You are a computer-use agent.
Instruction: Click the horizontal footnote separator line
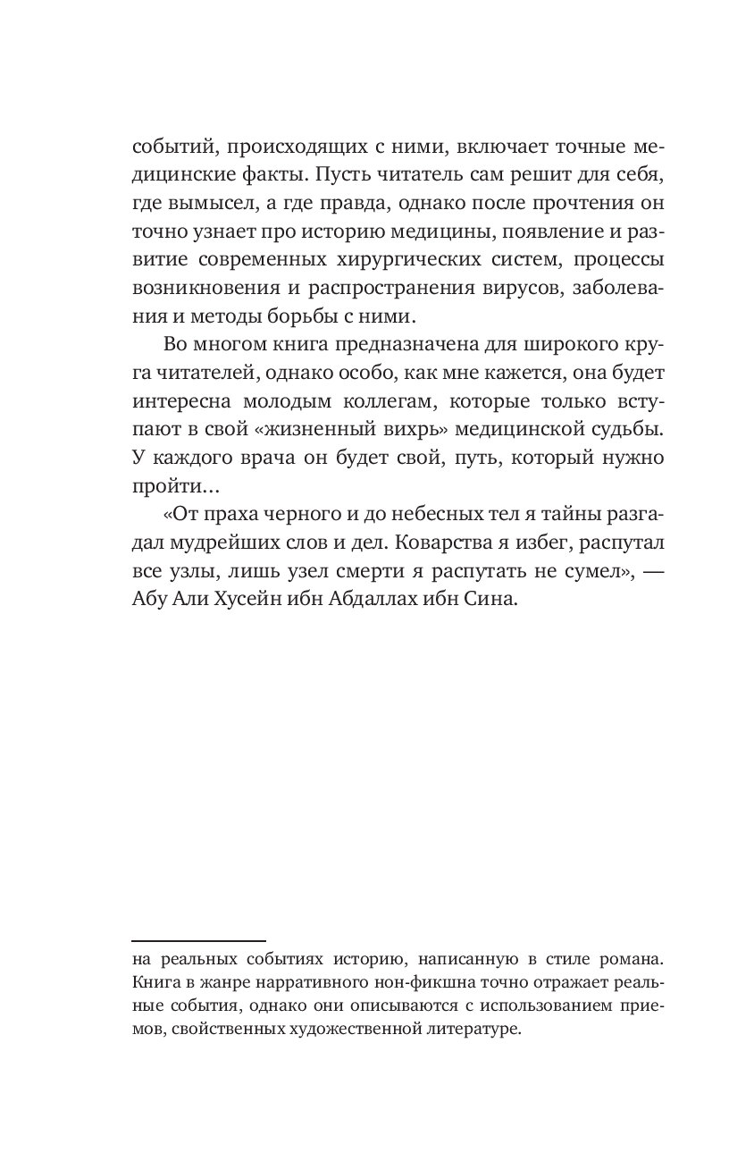[198, 941]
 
